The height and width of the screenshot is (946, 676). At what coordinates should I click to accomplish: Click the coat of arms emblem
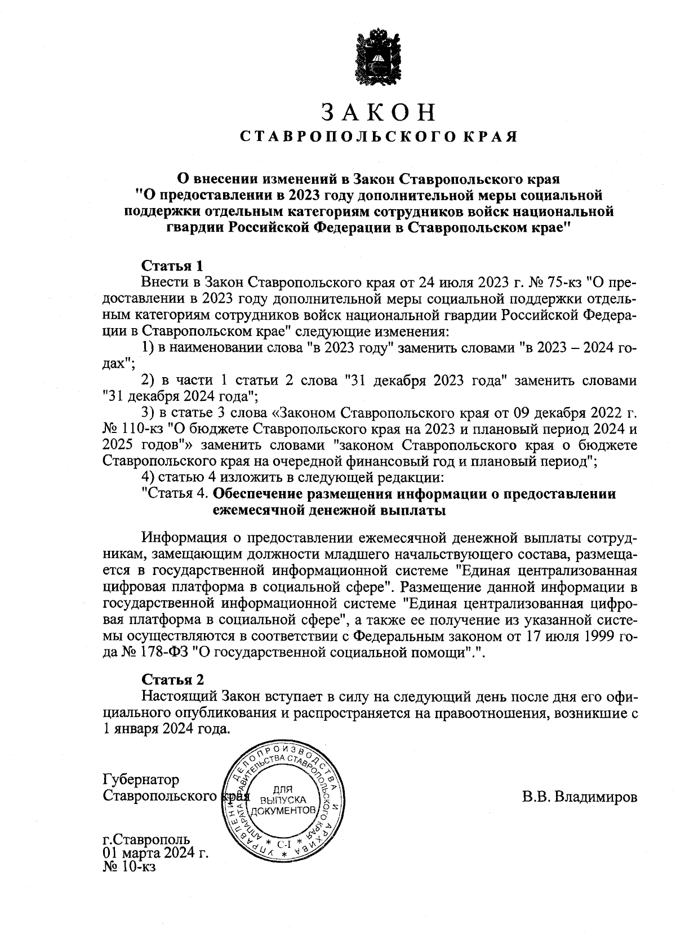coord(379,58)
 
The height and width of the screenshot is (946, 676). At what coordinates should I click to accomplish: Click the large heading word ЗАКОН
coord(379,113)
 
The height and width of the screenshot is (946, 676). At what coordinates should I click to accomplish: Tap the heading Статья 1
coord(171,265)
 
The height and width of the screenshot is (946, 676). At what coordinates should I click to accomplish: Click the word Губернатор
coord(141,780)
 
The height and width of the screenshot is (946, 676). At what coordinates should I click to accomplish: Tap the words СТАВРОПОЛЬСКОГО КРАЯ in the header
coord(379,137)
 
